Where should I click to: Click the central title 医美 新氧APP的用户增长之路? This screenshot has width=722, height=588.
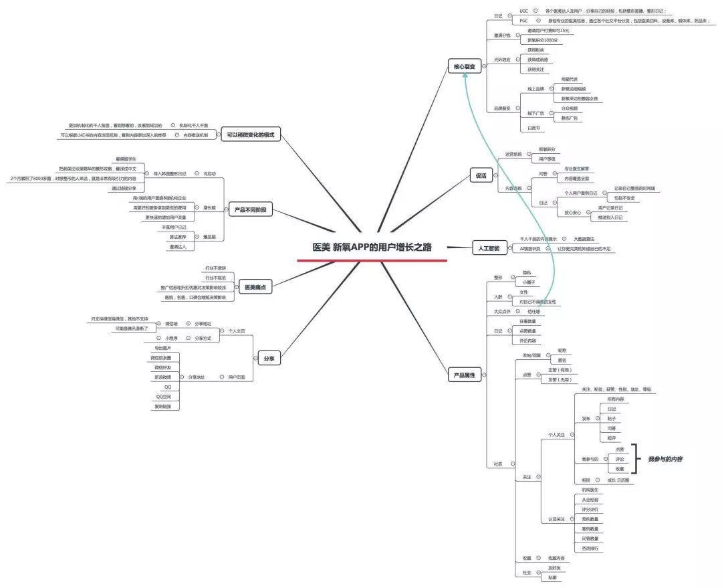pos(372,247)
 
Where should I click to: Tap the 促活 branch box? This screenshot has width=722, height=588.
pos(481,175)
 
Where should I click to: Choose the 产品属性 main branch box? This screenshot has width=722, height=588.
pos(464,375)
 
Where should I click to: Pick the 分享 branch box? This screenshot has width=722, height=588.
pos(269,359)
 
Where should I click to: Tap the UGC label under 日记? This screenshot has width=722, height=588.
pos(523,11)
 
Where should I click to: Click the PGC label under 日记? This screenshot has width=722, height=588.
pos(523,21)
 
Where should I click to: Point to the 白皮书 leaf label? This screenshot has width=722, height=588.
pos(533,128)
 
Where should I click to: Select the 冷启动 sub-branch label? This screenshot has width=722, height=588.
pos(210,173)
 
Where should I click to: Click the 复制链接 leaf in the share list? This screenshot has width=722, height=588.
pos(163,406)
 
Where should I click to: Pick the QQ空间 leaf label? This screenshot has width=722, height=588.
pos(163,397)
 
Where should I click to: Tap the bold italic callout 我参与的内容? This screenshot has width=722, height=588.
pos(665,460)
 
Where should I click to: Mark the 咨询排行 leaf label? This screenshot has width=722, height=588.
pos(590,548)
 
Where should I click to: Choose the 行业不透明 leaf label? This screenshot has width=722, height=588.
pos(215,268)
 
